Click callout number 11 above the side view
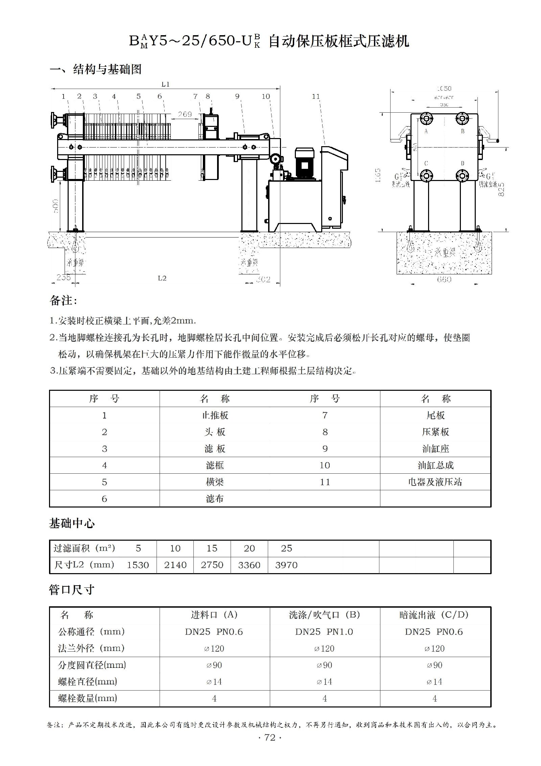point(315,96)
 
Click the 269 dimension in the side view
point(185,114)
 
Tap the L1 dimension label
point(165,84)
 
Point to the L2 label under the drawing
point(162,278)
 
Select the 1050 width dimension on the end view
point(444,88)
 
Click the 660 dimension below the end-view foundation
point(444,279)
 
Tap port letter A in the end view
point(426,131)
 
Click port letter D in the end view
point(462,163)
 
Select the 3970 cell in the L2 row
point(286,565)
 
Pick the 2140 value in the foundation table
point(175,565)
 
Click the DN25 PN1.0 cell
point(324,632)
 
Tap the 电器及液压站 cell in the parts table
point(435,482)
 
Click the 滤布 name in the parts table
point(215,498)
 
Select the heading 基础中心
point(72,523)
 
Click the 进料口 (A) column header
point(214,615)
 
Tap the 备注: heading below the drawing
point(63,300)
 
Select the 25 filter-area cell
point(286,548)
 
